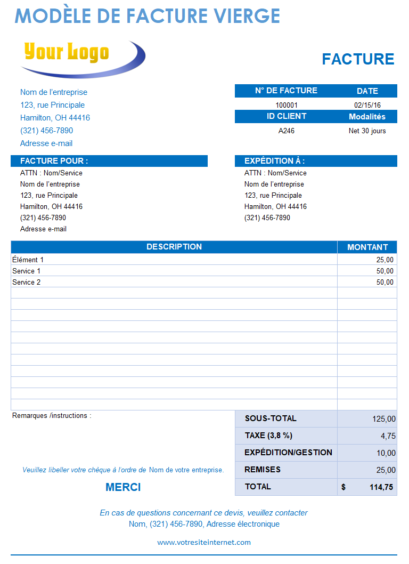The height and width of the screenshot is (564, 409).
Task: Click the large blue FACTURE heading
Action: [358, 59]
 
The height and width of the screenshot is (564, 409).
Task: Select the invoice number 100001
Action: [287, 105]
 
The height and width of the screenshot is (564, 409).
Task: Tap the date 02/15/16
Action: [367, 105]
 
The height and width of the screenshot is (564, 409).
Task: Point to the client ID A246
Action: [287, 131]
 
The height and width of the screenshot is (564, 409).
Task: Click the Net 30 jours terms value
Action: [367, 131]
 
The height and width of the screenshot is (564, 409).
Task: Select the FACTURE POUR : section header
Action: [54, 161]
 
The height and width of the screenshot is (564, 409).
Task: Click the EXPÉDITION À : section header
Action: [274, 161]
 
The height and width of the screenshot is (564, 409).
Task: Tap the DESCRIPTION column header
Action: [174, 247]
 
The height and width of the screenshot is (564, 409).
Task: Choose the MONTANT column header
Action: [367, 247]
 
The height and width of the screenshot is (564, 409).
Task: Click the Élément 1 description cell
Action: [28, 260]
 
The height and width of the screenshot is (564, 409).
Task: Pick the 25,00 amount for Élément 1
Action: [385, 260]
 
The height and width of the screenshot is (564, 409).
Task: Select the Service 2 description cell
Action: [27, 282]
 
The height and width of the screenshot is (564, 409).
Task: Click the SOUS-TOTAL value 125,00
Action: [384, 419]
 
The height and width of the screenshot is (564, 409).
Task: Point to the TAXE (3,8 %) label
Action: [268, 436]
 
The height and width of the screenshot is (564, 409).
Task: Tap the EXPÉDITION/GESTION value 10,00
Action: [386, 453]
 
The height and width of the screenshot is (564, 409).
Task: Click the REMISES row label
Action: [263, 470]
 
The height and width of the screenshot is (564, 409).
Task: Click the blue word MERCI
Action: [123, 487]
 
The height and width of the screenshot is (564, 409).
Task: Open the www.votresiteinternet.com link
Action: [204, 542]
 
